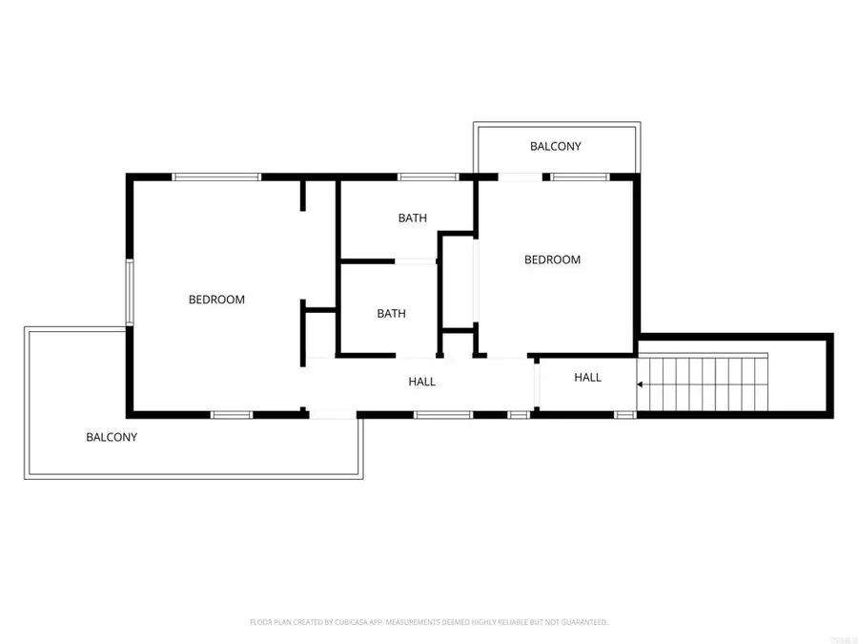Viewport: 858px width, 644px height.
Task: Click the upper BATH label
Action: tap(413, 218)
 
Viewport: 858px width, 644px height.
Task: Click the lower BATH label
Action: tap(391, 313)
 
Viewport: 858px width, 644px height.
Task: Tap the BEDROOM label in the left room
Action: tap(216, 300)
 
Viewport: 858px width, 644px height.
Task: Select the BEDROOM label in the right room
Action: tap(552, 260)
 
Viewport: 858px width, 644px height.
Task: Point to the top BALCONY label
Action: tap(556, 147)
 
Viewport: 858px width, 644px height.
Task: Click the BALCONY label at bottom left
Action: tap(112, 438)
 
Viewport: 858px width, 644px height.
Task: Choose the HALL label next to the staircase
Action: tap(588, 378)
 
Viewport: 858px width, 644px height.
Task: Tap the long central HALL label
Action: tap(422, 382)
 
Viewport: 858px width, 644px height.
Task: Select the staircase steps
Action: tap(705, 384)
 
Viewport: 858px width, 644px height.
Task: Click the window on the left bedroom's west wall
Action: tap(131, 292)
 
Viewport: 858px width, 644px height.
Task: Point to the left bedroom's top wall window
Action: tap(216, 177)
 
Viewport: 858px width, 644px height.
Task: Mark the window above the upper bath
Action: tap(427, 177)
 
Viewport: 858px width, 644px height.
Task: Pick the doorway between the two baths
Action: tap(416, 261)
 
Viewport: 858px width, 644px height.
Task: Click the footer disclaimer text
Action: tap(429, 622)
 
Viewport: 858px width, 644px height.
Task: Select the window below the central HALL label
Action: tap(443, 415)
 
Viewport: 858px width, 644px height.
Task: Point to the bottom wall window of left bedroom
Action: tap(231, 415)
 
